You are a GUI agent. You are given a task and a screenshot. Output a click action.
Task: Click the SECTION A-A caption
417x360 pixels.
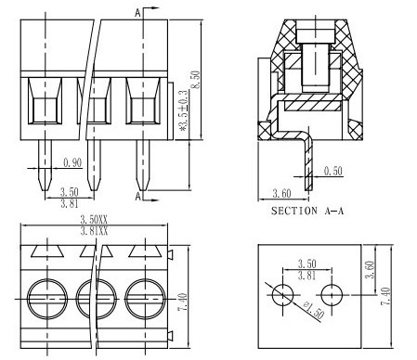307,211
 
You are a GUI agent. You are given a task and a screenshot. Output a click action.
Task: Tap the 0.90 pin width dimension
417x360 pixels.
72,162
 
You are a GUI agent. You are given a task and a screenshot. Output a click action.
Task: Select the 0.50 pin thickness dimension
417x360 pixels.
333,171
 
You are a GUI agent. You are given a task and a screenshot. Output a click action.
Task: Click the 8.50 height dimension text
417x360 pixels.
195,80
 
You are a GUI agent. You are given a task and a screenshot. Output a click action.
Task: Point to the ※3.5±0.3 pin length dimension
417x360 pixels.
184,110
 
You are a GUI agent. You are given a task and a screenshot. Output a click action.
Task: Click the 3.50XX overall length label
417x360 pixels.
94,220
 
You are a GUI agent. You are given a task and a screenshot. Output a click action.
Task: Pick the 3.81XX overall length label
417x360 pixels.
94,231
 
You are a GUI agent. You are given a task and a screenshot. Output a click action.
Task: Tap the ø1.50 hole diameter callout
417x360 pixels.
314,310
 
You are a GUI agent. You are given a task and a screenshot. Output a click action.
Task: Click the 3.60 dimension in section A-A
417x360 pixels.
281,193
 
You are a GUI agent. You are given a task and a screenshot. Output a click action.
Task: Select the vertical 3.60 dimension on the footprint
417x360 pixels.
370,269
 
